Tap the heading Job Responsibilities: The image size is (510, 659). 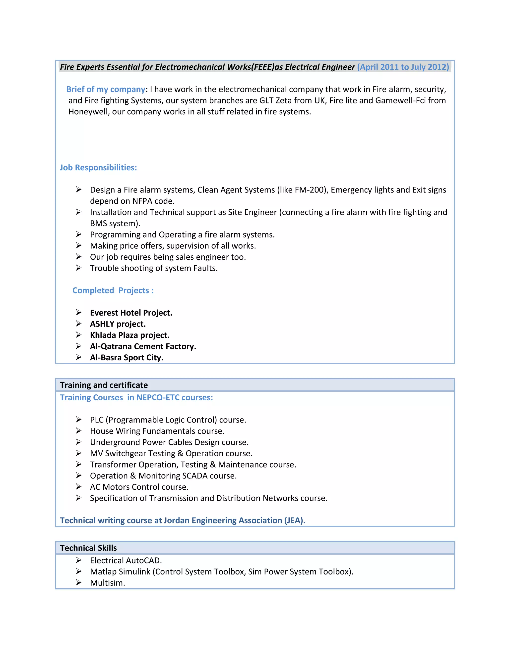(98, 168)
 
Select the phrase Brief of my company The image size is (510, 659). (106, 89)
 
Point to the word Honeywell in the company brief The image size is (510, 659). (89, 112)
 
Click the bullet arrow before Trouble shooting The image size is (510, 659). (78, 268)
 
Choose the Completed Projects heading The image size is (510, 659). (113, 290)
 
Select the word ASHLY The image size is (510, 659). (102, 324)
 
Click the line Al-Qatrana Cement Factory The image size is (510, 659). (143, 346)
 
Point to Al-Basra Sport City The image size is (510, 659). (127, 358)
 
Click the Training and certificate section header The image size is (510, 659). (104, 385)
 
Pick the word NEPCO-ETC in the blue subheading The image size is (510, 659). (158, 398)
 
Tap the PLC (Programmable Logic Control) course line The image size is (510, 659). (168, 420)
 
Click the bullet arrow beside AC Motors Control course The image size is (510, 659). (78, 487)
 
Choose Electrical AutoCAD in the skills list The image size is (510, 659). (126, 561)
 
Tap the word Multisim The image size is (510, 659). (107, 583)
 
